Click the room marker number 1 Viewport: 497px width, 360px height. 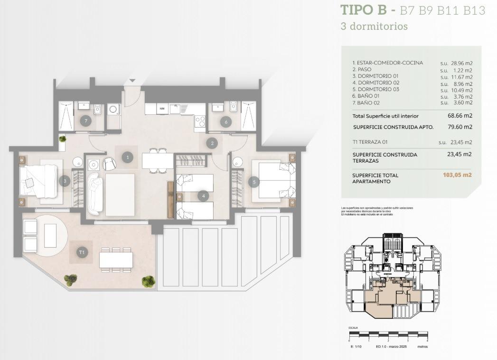pos(127,157)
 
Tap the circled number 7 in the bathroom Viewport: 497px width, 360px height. pos(86,120)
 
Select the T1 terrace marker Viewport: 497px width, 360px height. pos(82,252)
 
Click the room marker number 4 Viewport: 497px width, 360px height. pos(203,195)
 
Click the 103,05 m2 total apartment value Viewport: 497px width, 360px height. pos(457,175)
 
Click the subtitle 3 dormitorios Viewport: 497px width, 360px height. pos(374,27)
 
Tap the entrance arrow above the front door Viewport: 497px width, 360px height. pos(132,81)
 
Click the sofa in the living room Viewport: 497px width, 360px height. pos(95,194)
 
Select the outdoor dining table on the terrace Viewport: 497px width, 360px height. pos(116,259)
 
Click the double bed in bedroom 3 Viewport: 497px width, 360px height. pos(39,181)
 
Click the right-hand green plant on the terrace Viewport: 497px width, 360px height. pos(148,281)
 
